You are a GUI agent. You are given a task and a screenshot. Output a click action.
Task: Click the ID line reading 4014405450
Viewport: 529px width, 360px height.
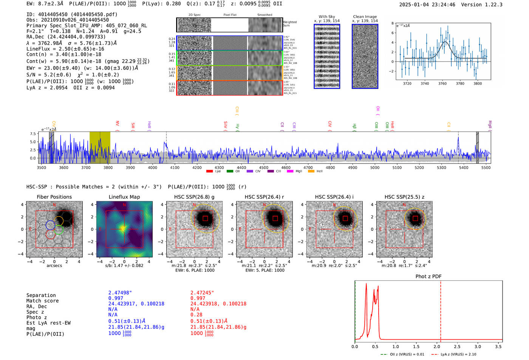point(72,14)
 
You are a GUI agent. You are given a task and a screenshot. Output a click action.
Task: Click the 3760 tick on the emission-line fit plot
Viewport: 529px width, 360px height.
point(442,83)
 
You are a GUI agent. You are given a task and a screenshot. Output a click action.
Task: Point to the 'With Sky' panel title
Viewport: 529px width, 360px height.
point(326,17)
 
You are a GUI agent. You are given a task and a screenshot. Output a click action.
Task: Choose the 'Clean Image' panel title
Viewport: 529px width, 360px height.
point(365,17)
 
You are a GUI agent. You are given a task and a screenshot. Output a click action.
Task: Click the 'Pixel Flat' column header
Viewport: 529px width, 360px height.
point(230,15)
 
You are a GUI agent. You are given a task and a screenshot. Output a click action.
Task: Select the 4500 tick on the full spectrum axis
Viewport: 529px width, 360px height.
point(263,168)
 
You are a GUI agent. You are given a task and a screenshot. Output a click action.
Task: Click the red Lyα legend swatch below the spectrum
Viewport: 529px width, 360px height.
point(209,172)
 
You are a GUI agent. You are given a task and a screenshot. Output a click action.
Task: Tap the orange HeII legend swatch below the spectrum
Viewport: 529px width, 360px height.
point(311,172)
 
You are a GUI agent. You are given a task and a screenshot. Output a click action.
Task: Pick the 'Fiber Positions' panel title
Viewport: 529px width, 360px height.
point(54,197)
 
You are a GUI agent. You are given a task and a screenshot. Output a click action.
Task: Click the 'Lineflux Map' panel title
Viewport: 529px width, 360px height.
point(124,197)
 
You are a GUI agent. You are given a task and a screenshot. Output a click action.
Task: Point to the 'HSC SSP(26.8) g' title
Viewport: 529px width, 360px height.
point(194,197)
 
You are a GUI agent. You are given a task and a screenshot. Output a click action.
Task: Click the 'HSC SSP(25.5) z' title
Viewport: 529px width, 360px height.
point(404,197)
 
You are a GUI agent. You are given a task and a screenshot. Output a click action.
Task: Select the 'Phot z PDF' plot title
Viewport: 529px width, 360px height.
point(428,277)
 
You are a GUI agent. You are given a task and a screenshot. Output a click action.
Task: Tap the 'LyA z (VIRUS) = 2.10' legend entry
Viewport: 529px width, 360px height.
point(458,354)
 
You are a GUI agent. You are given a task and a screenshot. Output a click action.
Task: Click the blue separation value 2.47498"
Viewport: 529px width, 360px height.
point(120,293)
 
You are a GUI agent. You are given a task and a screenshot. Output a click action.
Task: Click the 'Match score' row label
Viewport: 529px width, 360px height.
point(42,301)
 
